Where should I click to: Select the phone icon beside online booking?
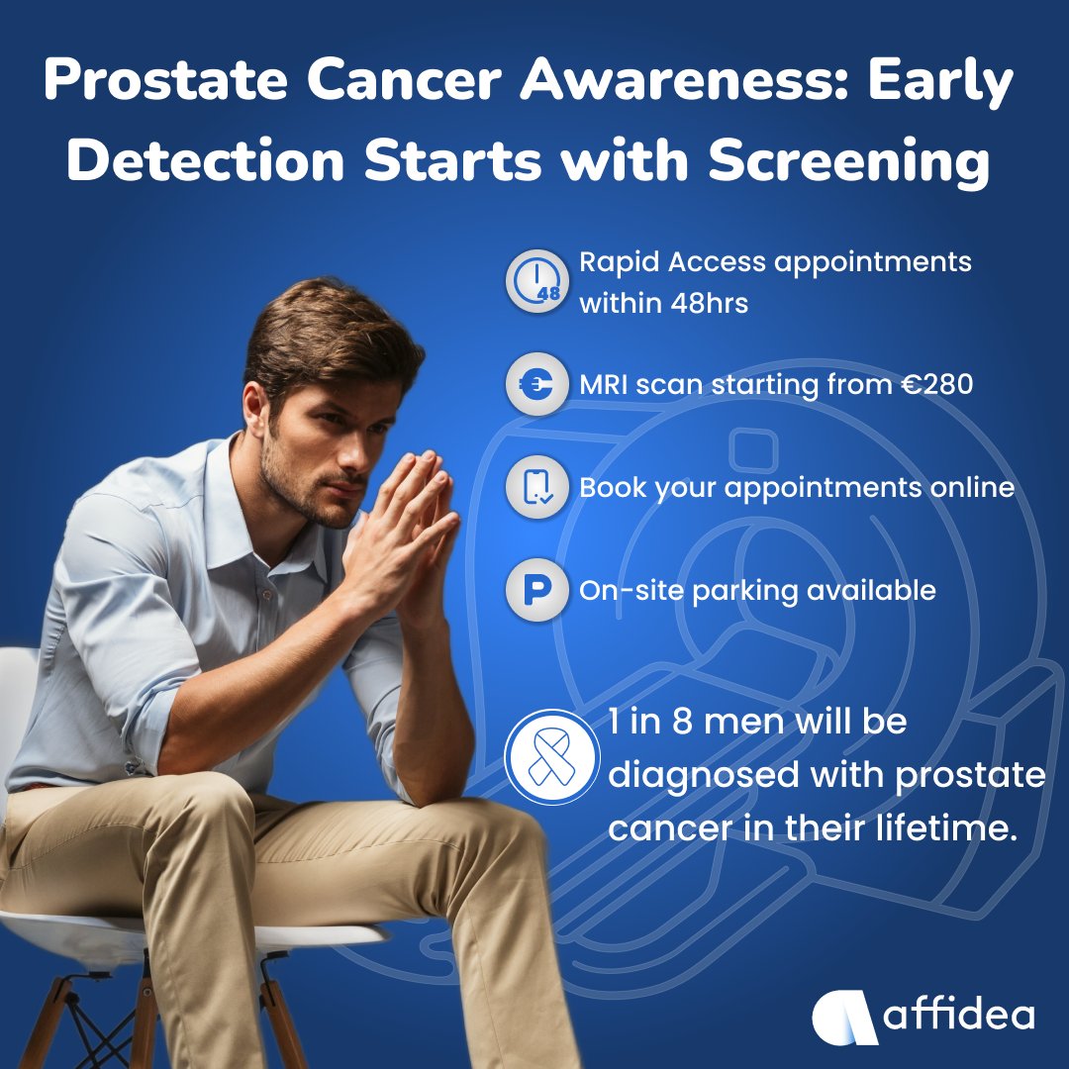pyautogui.click(x=536, y=488)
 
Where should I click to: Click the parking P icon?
pyautogui.click(x=536, y=591)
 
